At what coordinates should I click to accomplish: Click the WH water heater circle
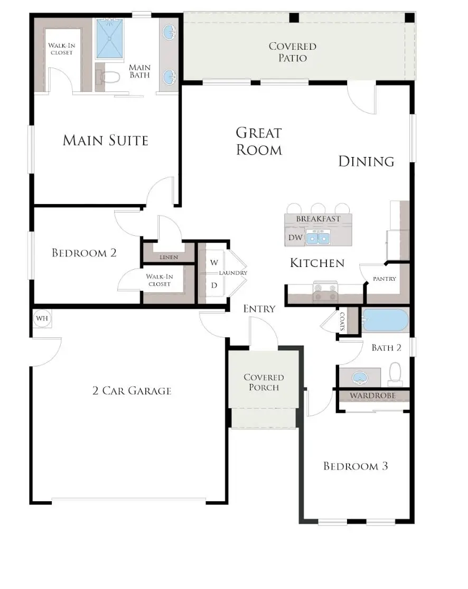click(42, 318)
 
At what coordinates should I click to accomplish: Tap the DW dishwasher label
click(295, 238)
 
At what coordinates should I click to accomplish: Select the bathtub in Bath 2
click(385, 320)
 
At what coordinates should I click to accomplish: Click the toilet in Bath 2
click(395, 374)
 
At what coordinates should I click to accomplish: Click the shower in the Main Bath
click(109, 39)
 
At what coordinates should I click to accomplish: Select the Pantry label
click(385, 279)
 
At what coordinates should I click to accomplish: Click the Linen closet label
click(169, 257)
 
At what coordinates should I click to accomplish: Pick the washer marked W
click(214, 262)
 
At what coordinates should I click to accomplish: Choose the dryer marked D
click(214, 286)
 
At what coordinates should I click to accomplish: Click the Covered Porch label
click(264, 382)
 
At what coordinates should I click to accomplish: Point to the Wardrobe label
click(373, 395)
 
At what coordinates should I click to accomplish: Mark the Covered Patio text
click(292, 52)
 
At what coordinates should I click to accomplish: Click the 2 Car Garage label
click(132, 391)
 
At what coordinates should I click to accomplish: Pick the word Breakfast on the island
click(318, 219)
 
